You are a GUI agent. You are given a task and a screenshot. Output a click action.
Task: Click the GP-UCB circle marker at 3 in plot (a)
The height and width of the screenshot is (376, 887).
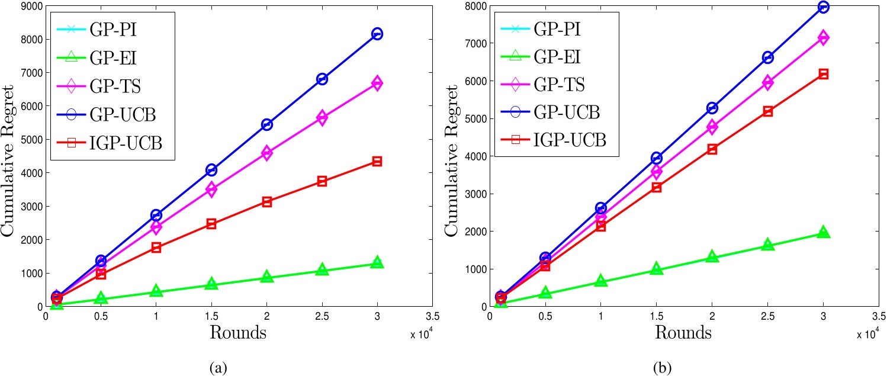(x=377, y=34)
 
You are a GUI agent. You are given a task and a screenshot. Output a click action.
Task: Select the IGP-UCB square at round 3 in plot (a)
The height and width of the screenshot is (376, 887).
(x=377, y=161)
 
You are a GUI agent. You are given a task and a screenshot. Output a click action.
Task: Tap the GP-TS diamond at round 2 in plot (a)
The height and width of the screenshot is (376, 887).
(x=266, y=153)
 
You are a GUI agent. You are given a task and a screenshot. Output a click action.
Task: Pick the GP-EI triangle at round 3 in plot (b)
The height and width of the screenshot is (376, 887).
(x=823, y=233)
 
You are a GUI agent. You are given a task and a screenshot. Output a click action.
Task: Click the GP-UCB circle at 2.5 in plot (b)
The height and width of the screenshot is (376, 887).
(x=768, y=57)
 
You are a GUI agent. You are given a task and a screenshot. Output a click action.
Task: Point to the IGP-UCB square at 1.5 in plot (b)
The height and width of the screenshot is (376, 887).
(x=656, y=187)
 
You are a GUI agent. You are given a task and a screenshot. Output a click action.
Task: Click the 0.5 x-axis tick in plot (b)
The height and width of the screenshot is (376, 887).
(x=545, y=317)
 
